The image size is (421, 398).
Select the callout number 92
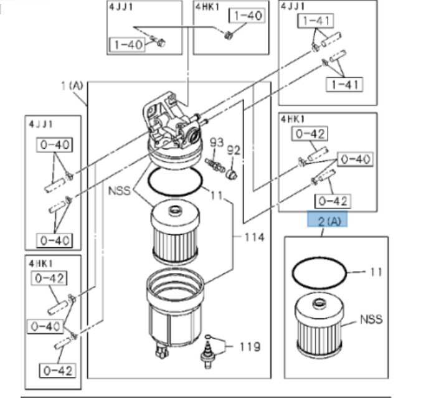point(234,149)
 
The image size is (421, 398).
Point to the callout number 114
point(254,237)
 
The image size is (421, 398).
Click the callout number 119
point(251,347)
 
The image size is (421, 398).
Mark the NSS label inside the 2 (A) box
point(371,320)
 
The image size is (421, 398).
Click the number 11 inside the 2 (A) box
point(376,272)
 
